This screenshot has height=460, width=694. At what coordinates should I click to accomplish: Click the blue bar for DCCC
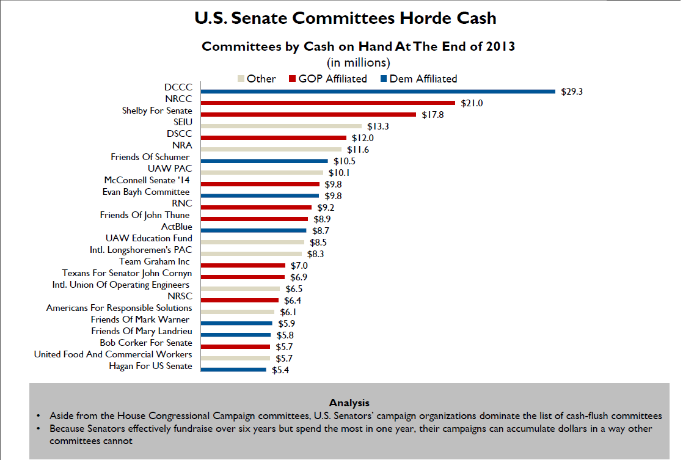(379, 92)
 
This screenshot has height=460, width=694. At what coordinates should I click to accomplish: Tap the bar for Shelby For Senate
(309, 115)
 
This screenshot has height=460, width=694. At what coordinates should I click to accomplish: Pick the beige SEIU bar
(282, 126)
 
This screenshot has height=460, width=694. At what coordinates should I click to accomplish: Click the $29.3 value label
(572, 92)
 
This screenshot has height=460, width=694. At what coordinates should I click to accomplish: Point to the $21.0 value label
(472, 103)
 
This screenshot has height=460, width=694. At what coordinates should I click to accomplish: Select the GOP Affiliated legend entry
(332, 79)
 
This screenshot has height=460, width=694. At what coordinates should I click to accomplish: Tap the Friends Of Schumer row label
(150, 157)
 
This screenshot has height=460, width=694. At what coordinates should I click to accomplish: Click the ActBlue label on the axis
(177, 227)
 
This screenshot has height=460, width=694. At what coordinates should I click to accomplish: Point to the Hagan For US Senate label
(150, 366)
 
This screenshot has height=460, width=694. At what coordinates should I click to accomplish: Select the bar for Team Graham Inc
(243, 266)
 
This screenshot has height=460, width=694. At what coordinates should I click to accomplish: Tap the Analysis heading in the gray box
(349, 403)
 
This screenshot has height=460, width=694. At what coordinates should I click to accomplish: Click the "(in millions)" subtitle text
(359, 62)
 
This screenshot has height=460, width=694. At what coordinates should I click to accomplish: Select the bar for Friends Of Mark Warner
(236, 324)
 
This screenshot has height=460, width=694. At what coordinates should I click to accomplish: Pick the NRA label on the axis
(182, 145)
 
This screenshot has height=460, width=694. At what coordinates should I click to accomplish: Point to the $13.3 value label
(378, 126)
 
